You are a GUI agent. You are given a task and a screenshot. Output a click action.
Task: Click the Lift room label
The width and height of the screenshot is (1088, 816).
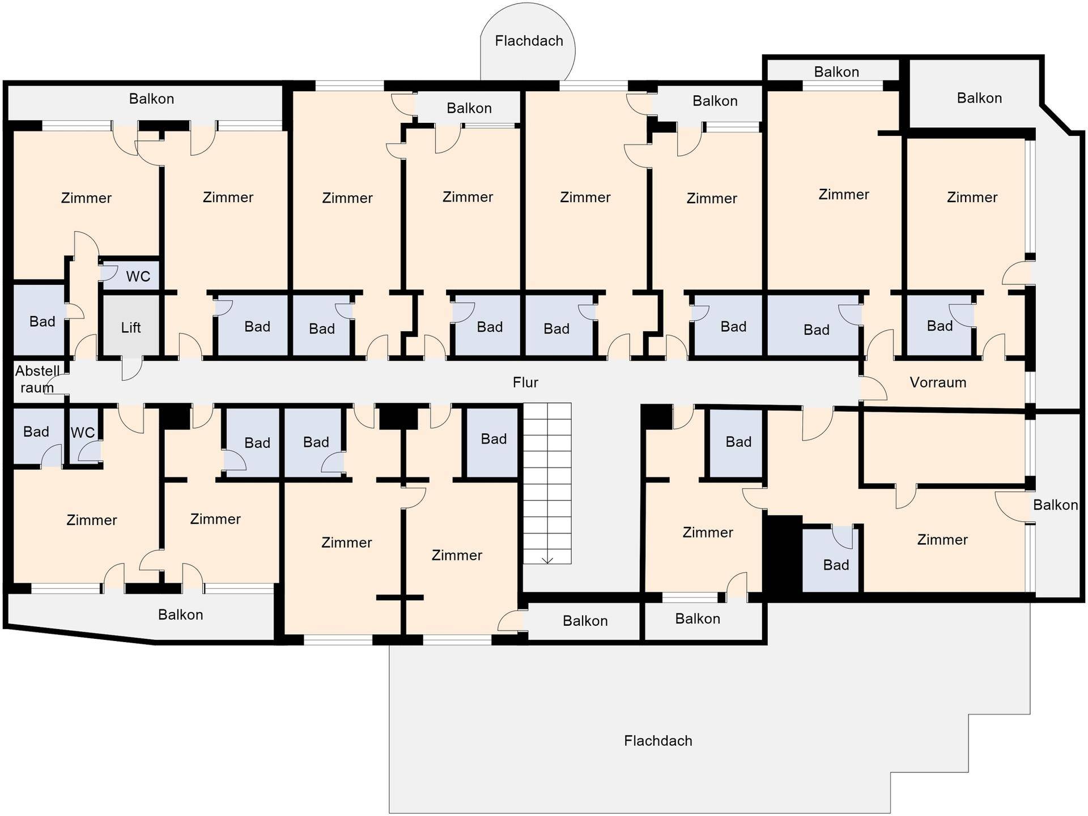pyautogui.click(x=131, y=327)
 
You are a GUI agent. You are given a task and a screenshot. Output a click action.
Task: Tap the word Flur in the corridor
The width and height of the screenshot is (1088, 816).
pyautogui.click(x=525, y=382)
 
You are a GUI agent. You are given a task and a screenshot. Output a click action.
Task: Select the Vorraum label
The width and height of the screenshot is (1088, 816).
pyautogui.click(x=938, y=382)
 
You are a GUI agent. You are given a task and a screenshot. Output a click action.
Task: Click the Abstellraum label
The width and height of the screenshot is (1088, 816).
pyautogui.click(x=37, y=379)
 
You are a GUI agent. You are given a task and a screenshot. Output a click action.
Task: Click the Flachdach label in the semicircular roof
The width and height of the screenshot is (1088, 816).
pyautogui.click(x=529, y=41)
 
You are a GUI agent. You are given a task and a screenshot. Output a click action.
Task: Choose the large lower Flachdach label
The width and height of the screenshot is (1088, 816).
pyautogui.click(x=658, y=741)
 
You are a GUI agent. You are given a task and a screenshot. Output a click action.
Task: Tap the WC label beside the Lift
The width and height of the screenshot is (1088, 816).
pyautogui.click(x=138, y=276)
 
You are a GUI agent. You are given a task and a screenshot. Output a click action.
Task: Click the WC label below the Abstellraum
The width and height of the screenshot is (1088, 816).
pyautogui.click(x=83, y=433)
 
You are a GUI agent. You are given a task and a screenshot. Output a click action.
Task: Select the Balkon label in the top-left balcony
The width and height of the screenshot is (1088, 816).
pyautogui.click(x=151, y=99)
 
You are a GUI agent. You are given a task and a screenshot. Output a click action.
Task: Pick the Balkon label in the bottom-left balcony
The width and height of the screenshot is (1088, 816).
pyautogui.click(x=180, y=614)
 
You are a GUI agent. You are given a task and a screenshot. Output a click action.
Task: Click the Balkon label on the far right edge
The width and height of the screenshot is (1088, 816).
pyautogui.click(x=1055, y=505)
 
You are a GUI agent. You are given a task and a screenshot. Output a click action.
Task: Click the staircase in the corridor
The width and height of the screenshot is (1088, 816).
pyautogui.click(x=547, y=483)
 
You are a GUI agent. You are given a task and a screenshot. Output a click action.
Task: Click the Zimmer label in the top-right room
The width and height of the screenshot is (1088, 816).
pyautogui.click(x=972, y=197)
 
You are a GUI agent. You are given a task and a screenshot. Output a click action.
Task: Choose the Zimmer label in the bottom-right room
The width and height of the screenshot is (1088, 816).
pyautogui.click(x=942, y=539)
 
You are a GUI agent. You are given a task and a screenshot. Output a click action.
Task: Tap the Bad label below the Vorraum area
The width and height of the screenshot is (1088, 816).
pyautogui.click(x=836, y=565)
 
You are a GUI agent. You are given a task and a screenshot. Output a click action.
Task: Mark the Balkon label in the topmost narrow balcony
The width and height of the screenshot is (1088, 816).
pyautogui.click(x=836, y=72)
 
